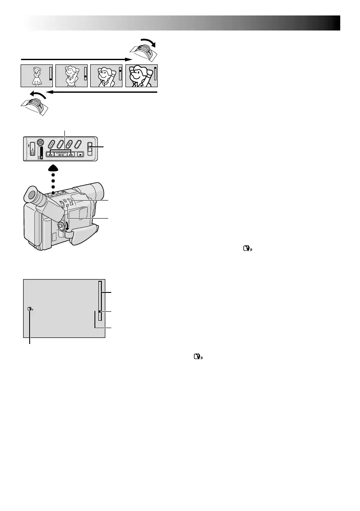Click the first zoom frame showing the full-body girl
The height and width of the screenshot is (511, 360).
click(x=36, y=76)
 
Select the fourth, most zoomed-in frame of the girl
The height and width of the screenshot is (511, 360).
click(x=141, y=76)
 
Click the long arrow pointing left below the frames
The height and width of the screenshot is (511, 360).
click(x=103, y=92)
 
